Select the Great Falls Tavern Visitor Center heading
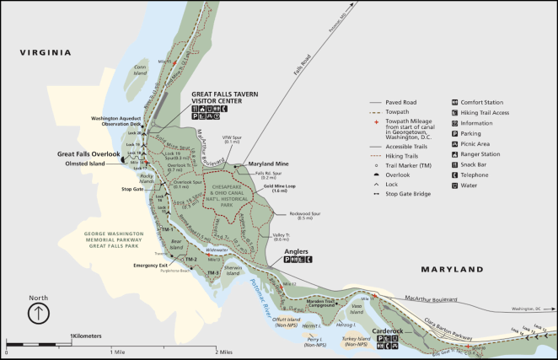click(x=224, y=96)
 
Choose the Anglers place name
click(x=298, y=251)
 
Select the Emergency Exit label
click(x=150, y=266)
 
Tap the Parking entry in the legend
click(x=472, y=133)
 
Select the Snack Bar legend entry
click(x=475, y=164)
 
